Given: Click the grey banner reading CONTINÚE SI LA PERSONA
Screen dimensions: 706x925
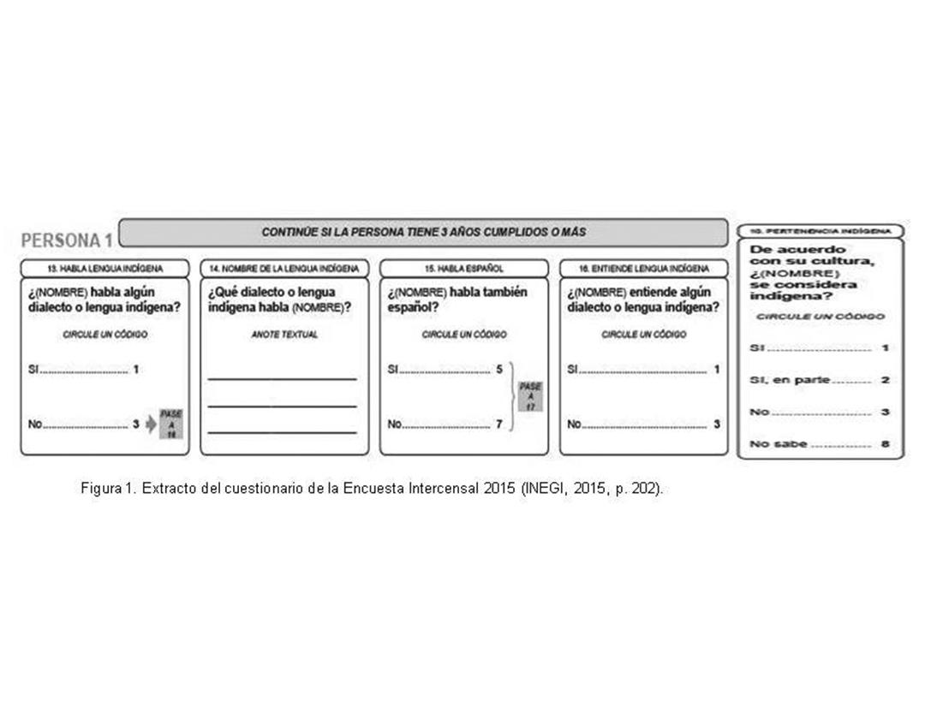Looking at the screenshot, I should pyautogui.click(x=423, y=232).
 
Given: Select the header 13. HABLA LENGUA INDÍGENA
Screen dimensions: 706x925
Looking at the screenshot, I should pyautogui.click(x=104, y=268).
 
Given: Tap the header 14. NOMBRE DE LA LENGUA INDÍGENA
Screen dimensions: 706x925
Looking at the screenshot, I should pyautogui.click(x=284, y=268).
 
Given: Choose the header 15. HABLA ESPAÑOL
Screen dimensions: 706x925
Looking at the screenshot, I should pyautogui.click(x=463, y=268).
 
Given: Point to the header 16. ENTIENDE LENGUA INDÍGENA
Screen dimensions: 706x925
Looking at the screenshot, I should pyautogui.click(x=643, y=268).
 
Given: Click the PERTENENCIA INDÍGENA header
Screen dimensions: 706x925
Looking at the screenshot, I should pyautogui.click(x=820, y=231).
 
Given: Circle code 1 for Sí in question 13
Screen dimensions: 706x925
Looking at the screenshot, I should pyautogui.click(x=135, y=370).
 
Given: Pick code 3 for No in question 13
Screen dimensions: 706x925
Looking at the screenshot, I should pyautogui.click(x=135, y=423).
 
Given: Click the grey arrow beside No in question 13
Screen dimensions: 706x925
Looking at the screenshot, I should pyautogui.click(x=151, y=424).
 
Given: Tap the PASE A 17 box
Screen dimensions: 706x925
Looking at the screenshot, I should pyautogui.click(x=530, y=396).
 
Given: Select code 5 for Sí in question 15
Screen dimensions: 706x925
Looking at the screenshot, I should pyautogui.click(x=498, y=370).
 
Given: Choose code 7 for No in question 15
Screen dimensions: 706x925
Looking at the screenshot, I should pyautogui.click(x=498, y=423).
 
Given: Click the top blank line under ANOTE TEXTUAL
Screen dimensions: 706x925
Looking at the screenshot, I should pyautogui.click(x=282, y=378).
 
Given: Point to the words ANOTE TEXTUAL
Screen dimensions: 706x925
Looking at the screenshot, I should pyautogui.click(x=283, y=335).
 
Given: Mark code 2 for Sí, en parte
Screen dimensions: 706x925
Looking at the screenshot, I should pyautogui.click(x=886, y=380).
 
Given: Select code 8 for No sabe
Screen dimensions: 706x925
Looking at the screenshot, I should pyautogui.click(x=886, y=444).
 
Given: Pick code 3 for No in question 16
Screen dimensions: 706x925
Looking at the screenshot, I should pyautogui.click(x=717, y=423).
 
